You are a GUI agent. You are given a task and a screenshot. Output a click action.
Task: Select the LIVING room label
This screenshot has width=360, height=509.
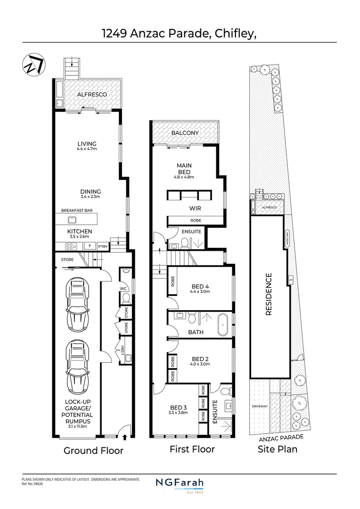pos(87,144)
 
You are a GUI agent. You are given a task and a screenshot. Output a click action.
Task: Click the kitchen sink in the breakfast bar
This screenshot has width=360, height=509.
pos(72,219)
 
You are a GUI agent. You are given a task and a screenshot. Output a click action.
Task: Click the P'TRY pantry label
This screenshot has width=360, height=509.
pos(103,246)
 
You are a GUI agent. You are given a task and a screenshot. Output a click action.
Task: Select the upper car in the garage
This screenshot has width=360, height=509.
pos(77,304)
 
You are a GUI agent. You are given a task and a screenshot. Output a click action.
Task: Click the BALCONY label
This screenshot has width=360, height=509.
pos(185,133)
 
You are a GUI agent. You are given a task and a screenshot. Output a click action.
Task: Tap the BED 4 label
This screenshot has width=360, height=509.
pos(200,286)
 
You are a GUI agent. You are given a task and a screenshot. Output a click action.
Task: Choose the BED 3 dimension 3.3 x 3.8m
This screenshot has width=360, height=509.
pos(179,413)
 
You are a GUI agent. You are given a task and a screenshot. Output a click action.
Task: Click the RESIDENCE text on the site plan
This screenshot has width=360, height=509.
pos(269,294)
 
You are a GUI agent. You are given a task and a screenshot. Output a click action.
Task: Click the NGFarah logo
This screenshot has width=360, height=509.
pos(180,484)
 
